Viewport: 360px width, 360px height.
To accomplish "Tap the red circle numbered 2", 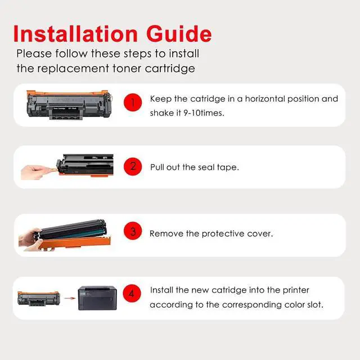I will (x=133, y=166).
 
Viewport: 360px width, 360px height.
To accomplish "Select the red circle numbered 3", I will (x=133, y=232).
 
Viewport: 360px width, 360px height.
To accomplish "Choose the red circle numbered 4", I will (x=132, y=294).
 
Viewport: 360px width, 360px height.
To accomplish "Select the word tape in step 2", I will (x=228, y=167).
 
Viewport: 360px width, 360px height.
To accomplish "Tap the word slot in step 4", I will (x=314, y=304).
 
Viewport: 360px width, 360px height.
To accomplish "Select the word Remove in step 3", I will (x=166, y=233).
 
